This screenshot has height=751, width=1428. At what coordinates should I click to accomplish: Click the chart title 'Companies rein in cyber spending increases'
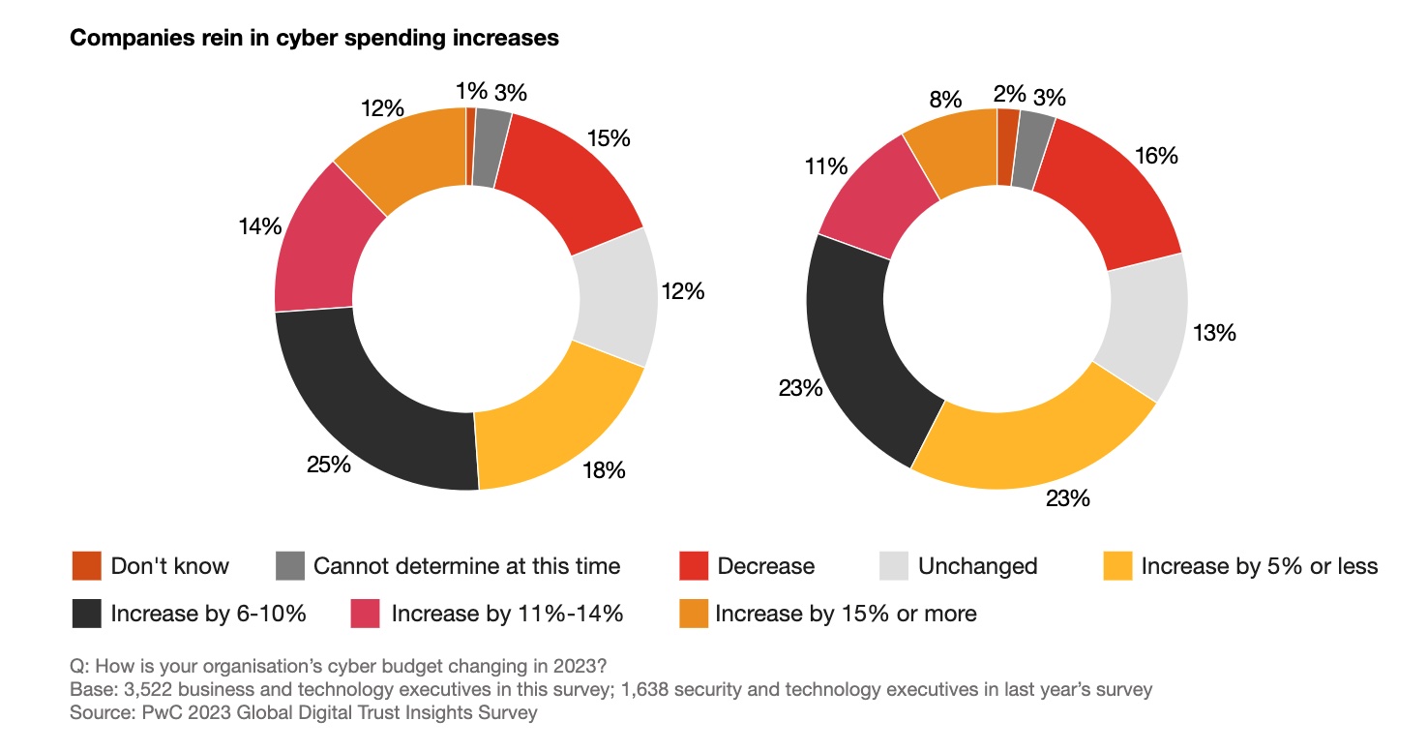click(314, 39)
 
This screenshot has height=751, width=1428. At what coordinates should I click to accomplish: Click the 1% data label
click(471, 92)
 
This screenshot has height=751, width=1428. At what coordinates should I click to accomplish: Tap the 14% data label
click(259, 226)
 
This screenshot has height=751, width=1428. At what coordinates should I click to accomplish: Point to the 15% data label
click(609, 138)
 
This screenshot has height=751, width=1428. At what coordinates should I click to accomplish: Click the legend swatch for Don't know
click(86, 566)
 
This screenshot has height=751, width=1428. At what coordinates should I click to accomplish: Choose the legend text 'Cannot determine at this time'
click(466, 566)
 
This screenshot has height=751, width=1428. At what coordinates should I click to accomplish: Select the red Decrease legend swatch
click(694, 566)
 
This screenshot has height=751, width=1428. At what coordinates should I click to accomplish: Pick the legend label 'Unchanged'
click(977, 566)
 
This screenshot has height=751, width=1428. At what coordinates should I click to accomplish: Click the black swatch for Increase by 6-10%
click(86, 614)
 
